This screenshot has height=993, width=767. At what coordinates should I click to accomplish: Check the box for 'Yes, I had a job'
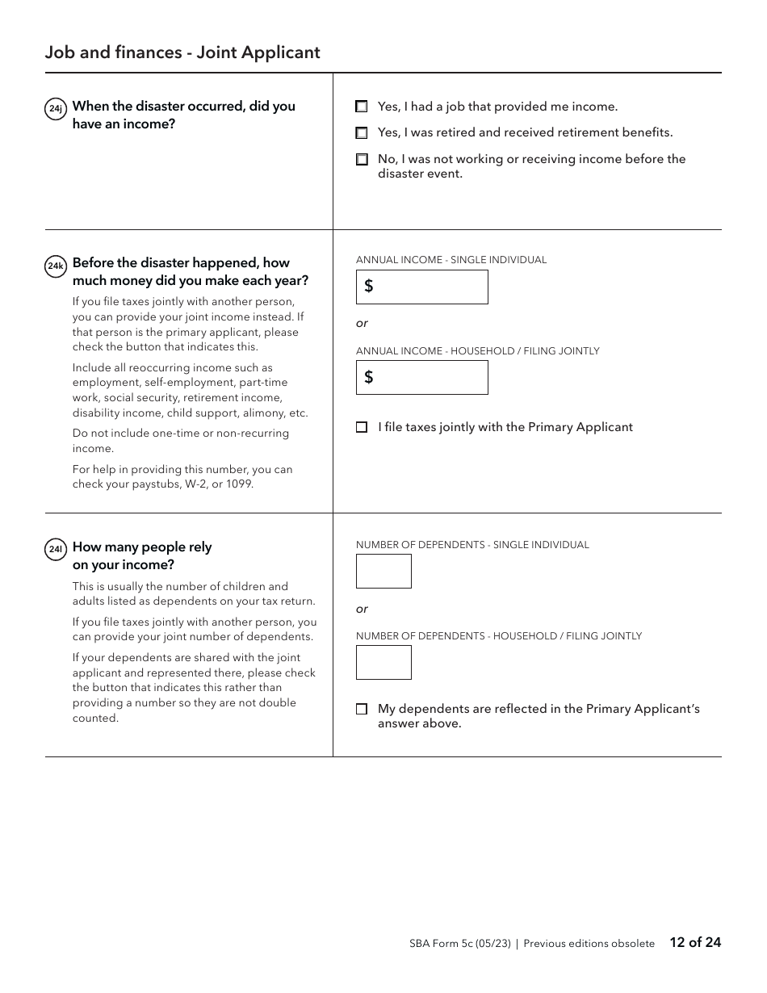[x=362, y=107]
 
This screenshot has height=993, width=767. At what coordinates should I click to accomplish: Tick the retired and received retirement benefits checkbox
[x=362, y=133]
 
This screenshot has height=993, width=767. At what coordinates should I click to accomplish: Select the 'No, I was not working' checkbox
[x=362, y=160]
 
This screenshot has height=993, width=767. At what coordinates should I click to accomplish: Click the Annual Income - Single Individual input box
[x=422, y=287]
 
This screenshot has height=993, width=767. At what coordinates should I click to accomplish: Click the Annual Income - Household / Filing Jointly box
[x=422, y=378]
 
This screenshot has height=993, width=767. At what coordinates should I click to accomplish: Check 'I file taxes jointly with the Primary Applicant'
[x=362, y=428]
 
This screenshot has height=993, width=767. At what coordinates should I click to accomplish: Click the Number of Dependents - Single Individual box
[x=383, y=572]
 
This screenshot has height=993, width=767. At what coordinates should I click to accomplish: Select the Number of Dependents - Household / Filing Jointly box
[x=383, y=663]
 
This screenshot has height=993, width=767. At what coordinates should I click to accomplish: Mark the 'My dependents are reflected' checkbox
[x=362, y=710]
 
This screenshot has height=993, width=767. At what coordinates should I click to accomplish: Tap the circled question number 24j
[x=56, y=108]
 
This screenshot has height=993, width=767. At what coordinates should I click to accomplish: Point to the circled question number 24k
[x=56, y=266]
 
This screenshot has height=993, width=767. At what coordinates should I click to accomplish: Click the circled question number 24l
[x=56, y=550]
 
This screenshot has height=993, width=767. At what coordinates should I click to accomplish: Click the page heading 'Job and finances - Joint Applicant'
[x=182, y=52]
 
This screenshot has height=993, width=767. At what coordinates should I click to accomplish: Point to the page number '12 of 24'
[x=695, y=942]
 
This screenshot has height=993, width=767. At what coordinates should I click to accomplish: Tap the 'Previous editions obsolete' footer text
[x=589, y=944]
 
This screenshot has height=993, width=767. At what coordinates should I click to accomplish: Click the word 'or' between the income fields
[x=362, y=324]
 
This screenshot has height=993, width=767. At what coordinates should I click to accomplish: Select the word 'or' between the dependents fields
[x=362, y=610]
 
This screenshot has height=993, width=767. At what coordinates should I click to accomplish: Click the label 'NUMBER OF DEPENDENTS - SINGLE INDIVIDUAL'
[x=472, y=545]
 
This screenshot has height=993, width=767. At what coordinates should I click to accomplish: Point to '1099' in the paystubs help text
[x=240, y=484]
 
